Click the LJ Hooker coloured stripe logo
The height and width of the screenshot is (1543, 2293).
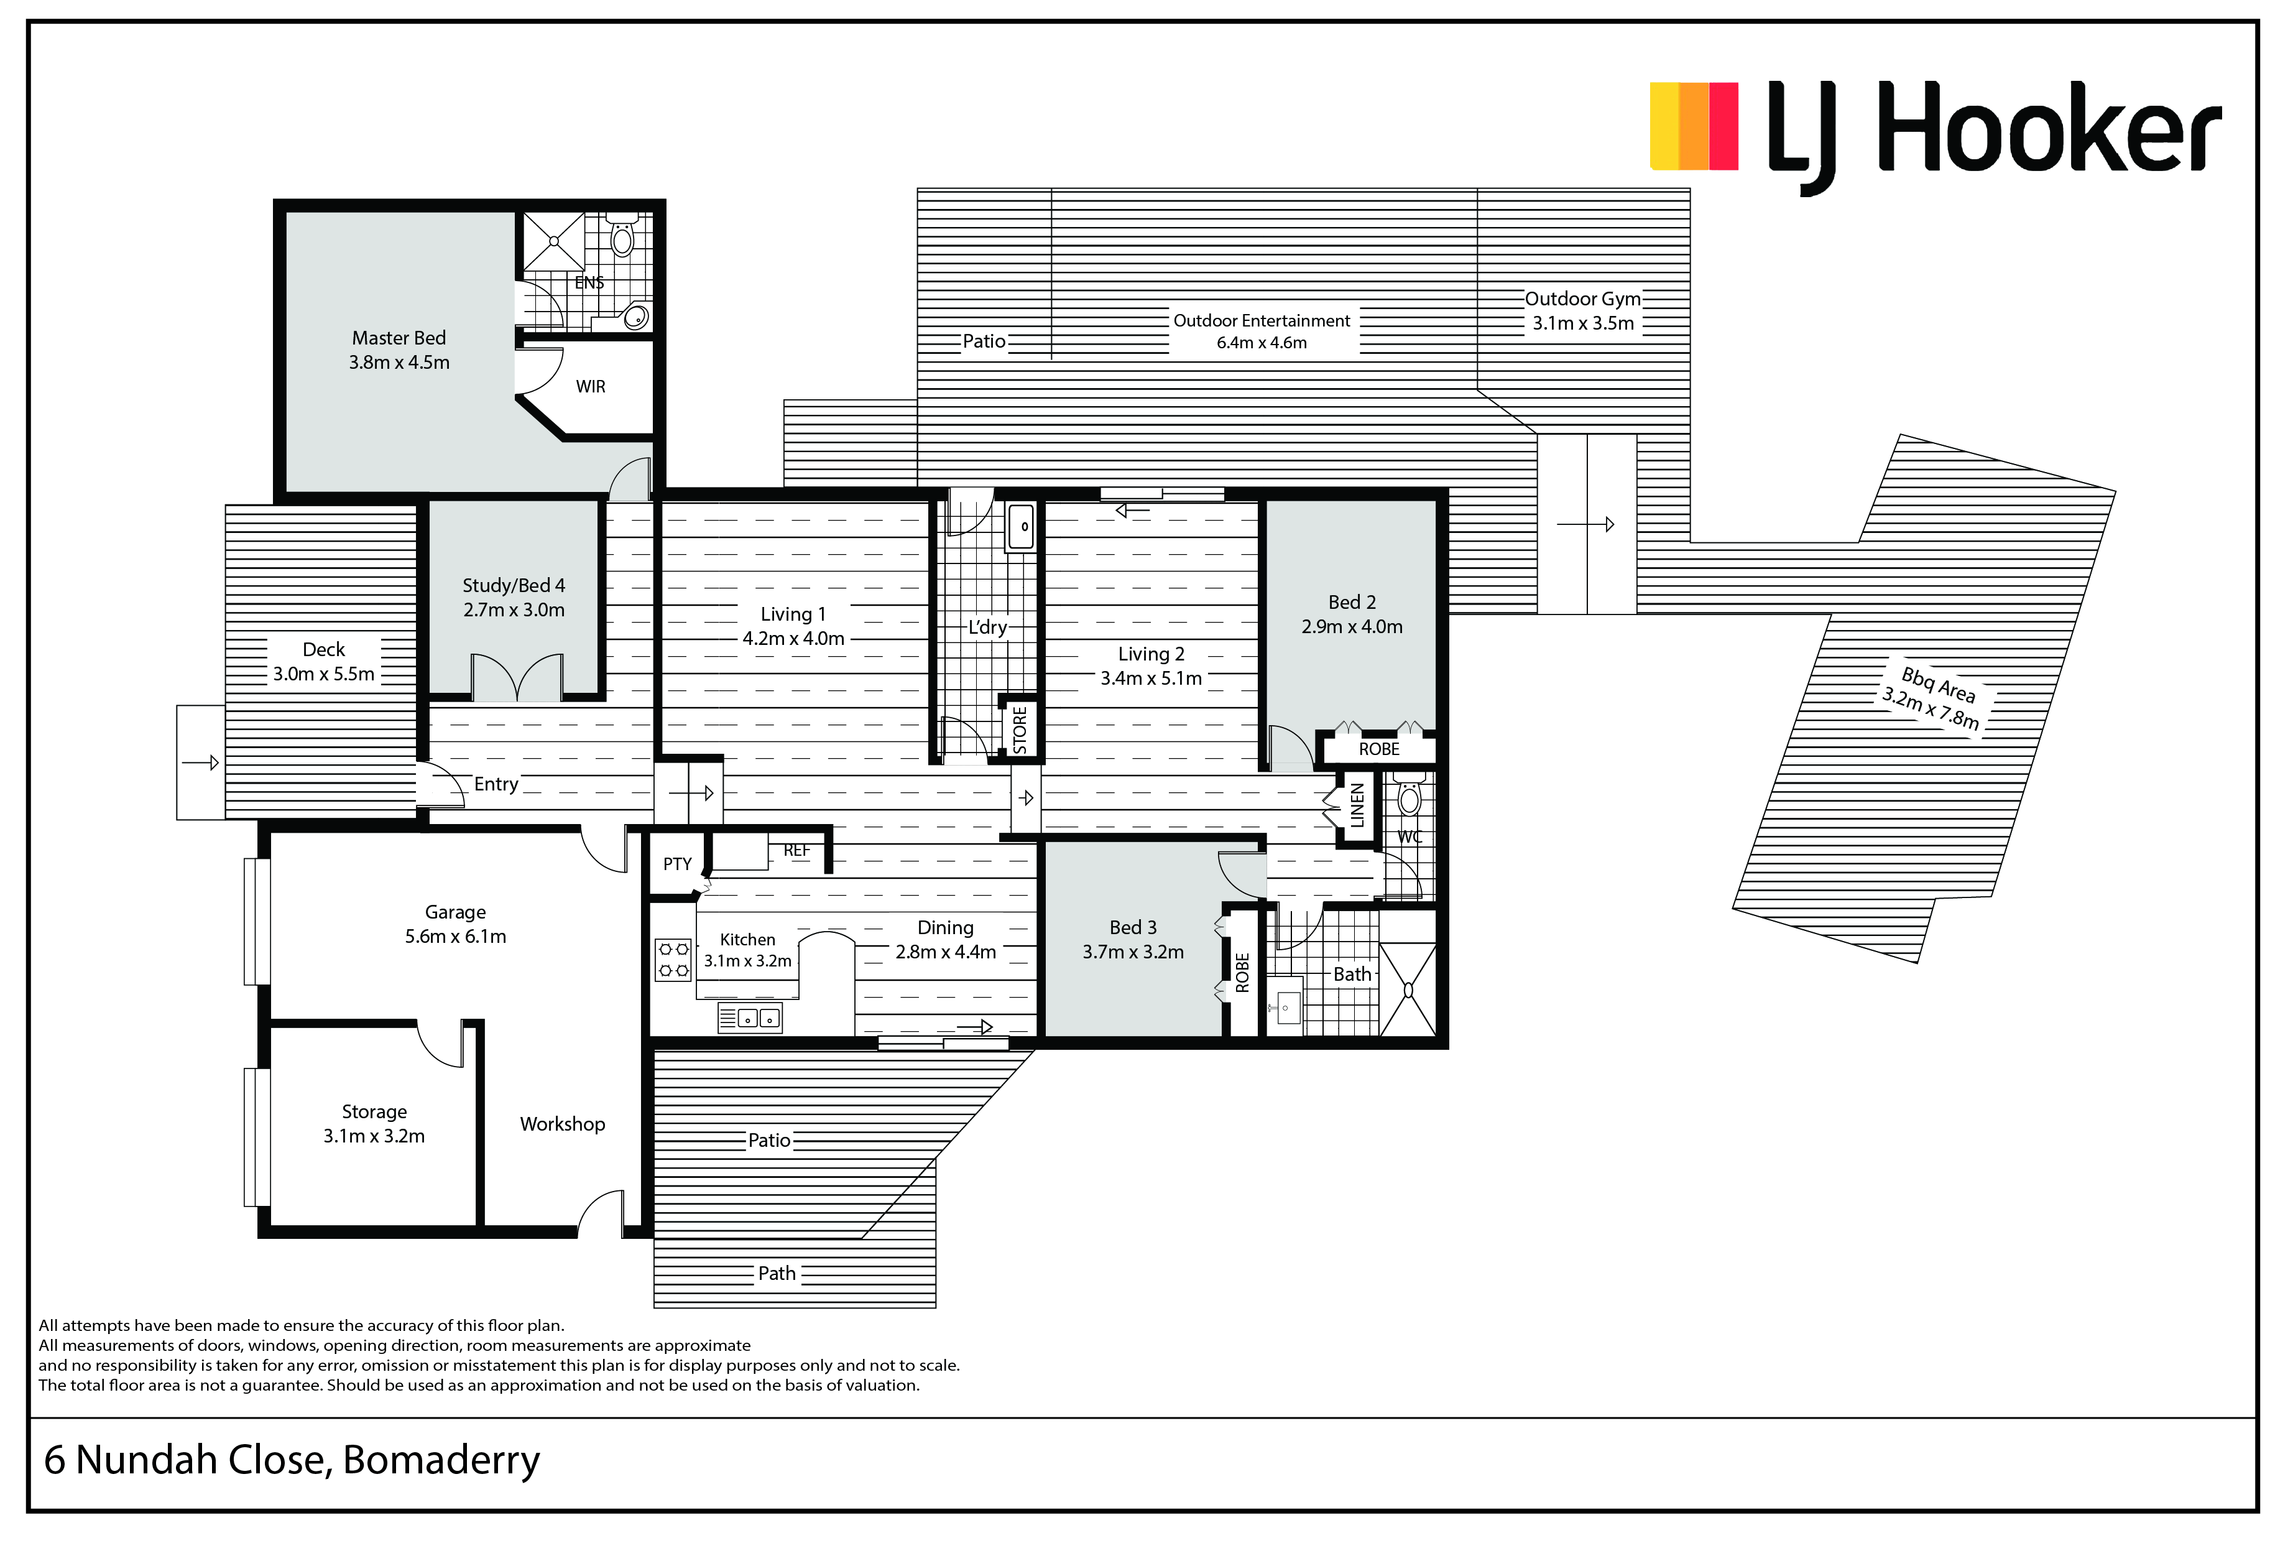(1694, 126)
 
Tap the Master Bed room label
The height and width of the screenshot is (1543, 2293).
(399, 338)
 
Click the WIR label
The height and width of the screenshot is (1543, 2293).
(590, 387)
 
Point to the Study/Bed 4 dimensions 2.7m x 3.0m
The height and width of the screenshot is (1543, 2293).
(514, 610)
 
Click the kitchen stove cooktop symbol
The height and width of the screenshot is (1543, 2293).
(673, 960)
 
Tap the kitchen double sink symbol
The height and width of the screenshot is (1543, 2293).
(750, 1019)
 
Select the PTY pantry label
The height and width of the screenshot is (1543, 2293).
(677, 864)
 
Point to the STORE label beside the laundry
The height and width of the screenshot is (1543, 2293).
(1020, 730)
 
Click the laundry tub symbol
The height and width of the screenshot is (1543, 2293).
(1021, 527)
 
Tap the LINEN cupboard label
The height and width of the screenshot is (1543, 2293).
(1357, 804)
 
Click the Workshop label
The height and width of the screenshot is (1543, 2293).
(563, 1124)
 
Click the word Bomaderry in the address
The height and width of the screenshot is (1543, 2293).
(441, 1460)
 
